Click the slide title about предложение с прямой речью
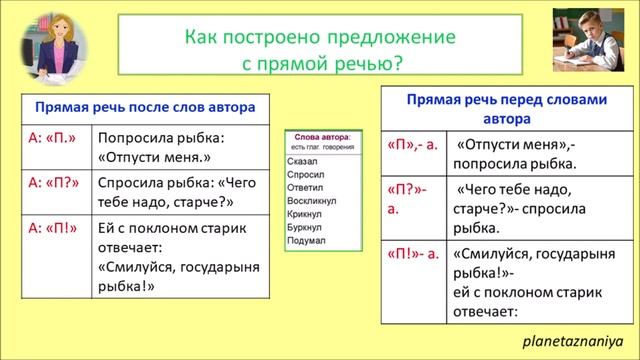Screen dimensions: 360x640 tap(319, 51)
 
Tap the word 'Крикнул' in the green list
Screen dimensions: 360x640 tap(304, 214)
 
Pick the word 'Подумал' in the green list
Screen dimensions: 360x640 tap(305, 241)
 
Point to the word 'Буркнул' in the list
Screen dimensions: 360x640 tap(304, 228)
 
